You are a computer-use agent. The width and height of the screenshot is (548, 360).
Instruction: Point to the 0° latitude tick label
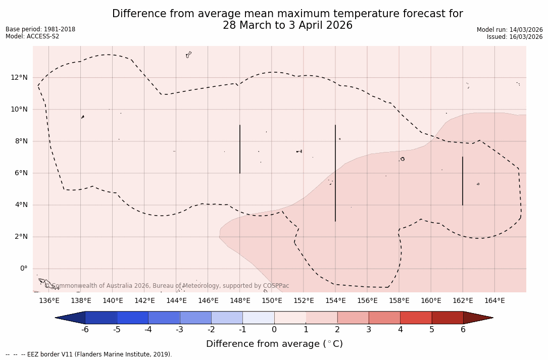[x=24, y=269]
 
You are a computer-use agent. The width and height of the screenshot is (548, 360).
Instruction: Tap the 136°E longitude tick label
[x=49, y=301]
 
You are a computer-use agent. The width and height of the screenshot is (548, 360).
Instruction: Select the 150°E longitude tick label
[x=272, y=301]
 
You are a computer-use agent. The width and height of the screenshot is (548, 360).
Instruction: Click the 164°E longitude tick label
[x=494, y=301]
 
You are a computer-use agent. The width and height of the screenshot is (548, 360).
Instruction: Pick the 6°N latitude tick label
[x=20, y=173]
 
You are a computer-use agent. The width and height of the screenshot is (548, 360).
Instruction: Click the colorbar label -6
[x=85, y=330]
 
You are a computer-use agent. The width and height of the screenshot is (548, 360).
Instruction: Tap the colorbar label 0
[x=274, y=330]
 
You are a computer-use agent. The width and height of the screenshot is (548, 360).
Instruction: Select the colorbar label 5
[x=432, y=330]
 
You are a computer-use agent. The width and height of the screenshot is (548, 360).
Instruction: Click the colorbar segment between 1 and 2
[x=321, y=318]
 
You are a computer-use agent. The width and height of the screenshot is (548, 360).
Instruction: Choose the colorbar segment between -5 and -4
[x=132, y=318]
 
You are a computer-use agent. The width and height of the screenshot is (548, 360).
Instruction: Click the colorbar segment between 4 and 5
[x=416, y=318]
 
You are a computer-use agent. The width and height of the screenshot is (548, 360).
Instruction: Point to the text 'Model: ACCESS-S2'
[x=32, y=36]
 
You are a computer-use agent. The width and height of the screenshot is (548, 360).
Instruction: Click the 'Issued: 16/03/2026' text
[x=514, y=37]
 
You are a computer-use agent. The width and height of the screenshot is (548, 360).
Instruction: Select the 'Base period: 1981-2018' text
[x=40, y=29]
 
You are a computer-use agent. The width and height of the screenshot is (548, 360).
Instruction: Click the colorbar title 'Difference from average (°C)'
[x=274, y=344]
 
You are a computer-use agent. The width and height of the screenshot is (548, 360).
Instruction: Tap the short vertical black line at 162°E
[x=463, y=181]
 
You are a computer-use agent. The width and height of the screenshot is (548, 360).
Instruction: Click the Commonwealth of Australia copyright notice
[x=167, y=286]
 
